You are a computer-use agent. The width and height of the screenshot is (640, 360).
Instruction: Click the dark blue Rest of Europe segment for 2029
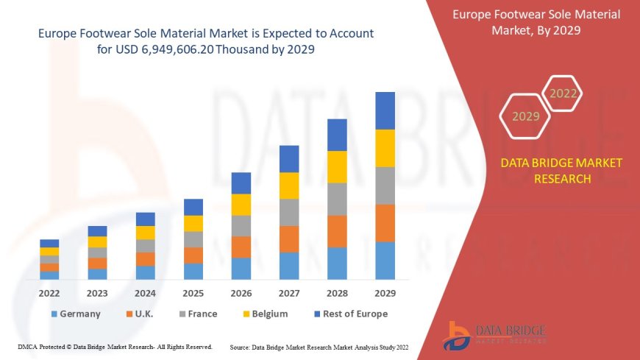(385, 110)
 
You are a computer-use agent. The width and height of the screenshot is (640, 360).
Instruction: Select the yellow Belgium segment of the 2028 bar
(337, 166)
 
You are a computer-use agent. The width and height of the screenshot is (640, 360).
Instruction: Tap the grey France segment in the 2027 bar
(289, 212)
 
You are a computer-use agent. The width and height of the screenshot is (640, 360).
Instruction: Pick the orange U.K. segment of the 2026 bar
(241, 247)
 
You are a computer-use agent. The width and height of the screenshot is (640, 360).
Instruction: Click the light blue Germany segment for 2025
(193, 271)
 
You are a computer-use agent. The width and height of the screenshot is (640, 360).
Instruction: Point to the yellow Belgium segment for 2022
(49, 251)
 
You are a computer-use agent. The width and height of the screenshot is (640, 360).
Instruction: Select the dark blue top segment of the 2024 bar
(146, 219)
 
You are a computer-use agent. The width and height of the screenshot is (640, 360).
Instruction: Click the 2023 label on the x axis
(97, 293)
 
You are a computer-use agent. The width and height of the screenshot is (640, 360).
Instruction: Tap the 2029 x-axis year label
(385, 293)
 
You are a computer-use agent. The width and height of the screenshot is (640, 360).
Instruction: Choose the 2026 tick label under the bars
(241, 293)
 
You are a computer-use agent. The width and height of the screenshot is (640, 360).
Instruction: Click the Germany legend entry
(75, 314)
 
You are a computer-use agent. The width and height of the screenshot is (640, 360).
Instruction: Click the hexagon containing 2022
(563, 93)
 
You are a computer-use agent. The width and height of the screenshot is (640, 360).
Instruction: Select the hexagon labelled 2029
(525, 116)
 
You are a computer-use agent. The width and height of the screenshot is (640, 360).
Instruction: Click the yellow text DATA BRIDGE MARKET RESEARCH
(561, 170)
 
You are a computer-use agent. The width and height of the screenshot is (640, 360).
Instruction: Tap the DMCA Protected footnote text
(114, 346)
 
